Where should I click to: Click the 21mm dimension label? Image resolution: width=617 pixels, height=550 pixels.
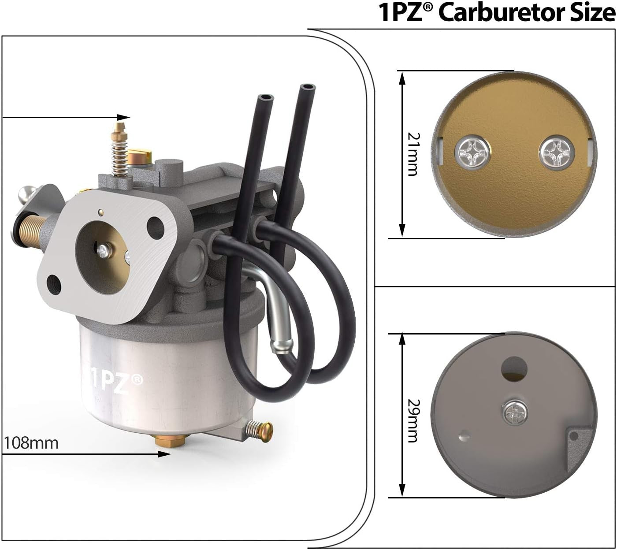tap(413, 154)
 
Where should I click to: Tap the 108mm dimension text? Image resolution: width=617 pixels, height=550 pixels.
tap(31, 443)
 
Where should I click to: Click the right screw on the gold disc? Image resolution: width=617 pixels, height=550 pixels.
tap(556, 152)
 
